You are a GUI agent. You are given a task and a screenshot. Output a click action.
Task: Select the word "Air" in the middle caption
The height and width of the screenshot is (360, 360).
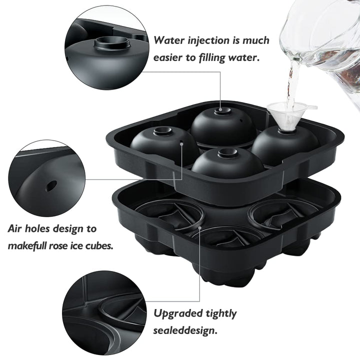tap(17, 229)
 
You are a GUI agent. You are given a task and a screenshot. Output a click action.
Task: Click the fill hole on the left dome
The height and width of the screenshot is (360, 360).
tap(161, 131)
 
